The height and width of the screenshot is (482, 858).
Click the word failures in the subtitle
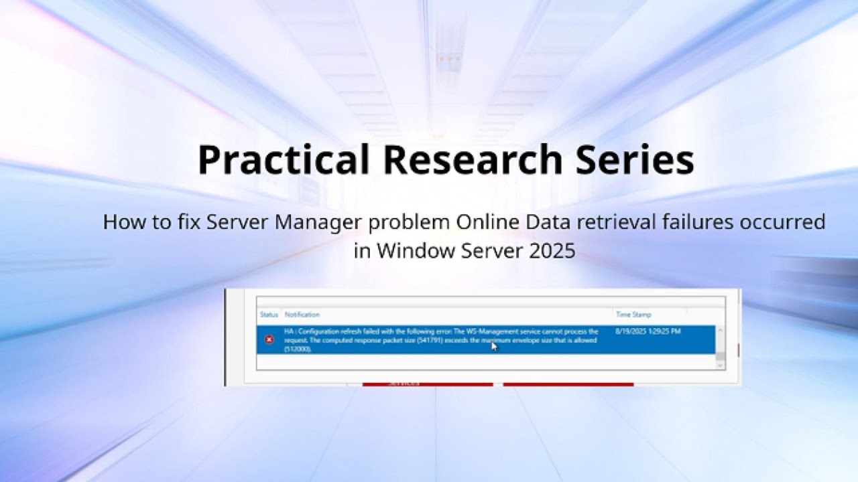coord(677,222)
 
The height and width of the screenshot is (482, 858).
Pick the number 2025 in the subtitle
coord(551,250)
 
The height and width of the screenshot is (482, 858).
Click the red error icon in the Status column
coord(269,340)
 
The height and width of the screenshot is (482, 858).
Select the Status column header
coord(269,315)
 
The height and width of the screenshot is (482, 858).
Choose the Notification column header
coord(302,315)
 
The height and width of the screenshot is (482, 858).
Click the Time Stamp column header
coord(633,315)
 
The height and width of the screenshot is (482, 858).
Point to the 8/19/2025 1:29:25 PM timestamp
coord(648,331)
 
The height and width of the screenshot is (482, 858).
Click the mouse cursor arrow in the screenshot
coord(494,346)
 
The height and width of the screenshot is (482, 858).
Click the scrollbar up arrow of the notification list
coord(720,330)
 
